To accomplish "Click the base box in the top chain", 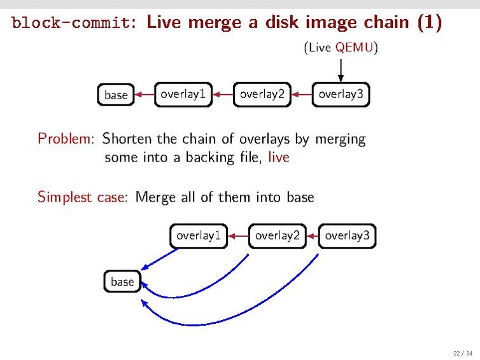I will coord(116,95).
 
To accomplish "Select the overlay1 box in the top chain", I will coord(183,95).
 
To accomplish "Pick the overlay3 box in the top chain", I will coord(341,95).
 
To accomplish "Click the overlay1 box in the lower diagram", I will coord(199,236).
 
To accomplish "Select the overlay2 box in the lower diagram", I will coord(277,236).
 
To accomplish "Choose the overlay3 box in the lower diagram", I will coord(347,236).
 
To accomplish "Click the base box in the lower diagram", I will coord(122,281).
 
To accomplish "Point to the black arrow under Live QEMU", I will coord(341,69).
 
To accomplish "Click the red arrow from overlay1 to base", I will coord(145,95).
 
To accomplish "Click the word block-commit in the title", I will coord(73,24).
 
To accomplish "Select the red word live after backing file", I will coord(279,157).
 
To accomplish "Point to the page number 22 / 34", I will coord(462,353).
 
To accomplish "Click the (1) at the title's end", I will coord(429,23).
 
